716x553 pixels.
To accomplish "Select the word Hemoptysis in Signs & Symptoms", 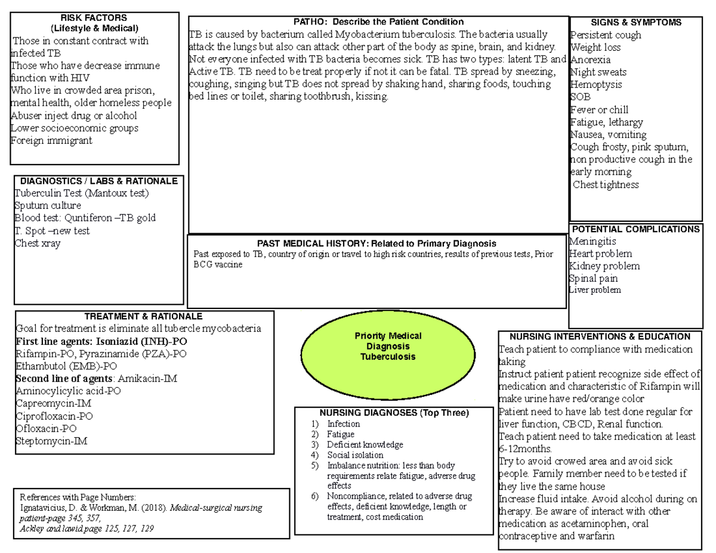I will coord(596,85).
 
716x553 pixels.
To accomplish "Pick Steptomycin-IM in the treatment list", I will coord(52,441).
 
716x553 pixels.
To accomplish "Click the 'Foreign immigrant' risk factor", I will coord(51,141).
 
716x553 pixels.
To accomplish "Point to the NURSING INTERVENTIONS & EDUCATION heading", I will coord(599,337).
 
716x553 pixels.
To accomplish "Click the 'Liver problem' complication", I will coord(595,291).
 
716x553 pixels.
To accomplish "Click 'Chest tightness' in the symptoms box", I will coord(606,185).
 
